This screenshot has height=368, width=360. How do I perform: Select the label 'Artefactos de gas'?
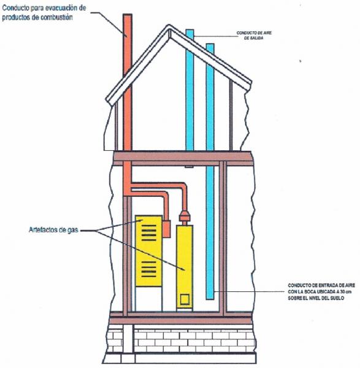(53, 230)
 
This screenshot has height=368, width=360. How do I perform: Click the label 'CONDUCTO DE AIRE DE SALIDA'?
(254, 35)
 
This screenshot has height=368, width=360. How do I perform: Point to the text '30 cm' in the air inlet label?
(345, 292)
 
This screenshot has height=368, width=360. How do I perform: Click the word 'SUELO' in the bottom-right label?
(337, 298)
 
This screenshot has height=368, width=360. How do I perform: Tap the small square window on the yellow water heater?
(185, 300)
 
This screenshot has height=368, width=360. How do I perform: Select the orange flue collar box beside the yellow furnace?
(167, 229)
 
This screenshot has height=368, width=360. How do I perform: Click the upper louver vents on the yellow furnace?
(149, 233)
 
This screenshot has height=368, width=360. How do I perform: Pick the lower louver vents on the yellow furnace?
(149, 269)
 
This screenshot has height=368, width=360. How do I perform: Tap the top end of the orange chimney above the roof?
(128, 15)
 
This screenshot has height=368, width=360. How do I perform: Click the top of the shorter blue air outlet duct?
(210, 44)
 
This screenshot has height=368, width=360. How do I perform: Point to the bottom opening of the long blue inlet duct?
(210, 299)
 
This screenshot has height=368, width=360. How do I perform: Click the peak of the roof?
(169, 25)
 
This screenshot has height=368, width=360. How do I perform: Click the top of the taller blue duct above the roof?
(190, 30)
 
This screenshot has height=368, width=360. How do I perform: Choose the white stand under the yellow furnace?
(149, 299)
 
